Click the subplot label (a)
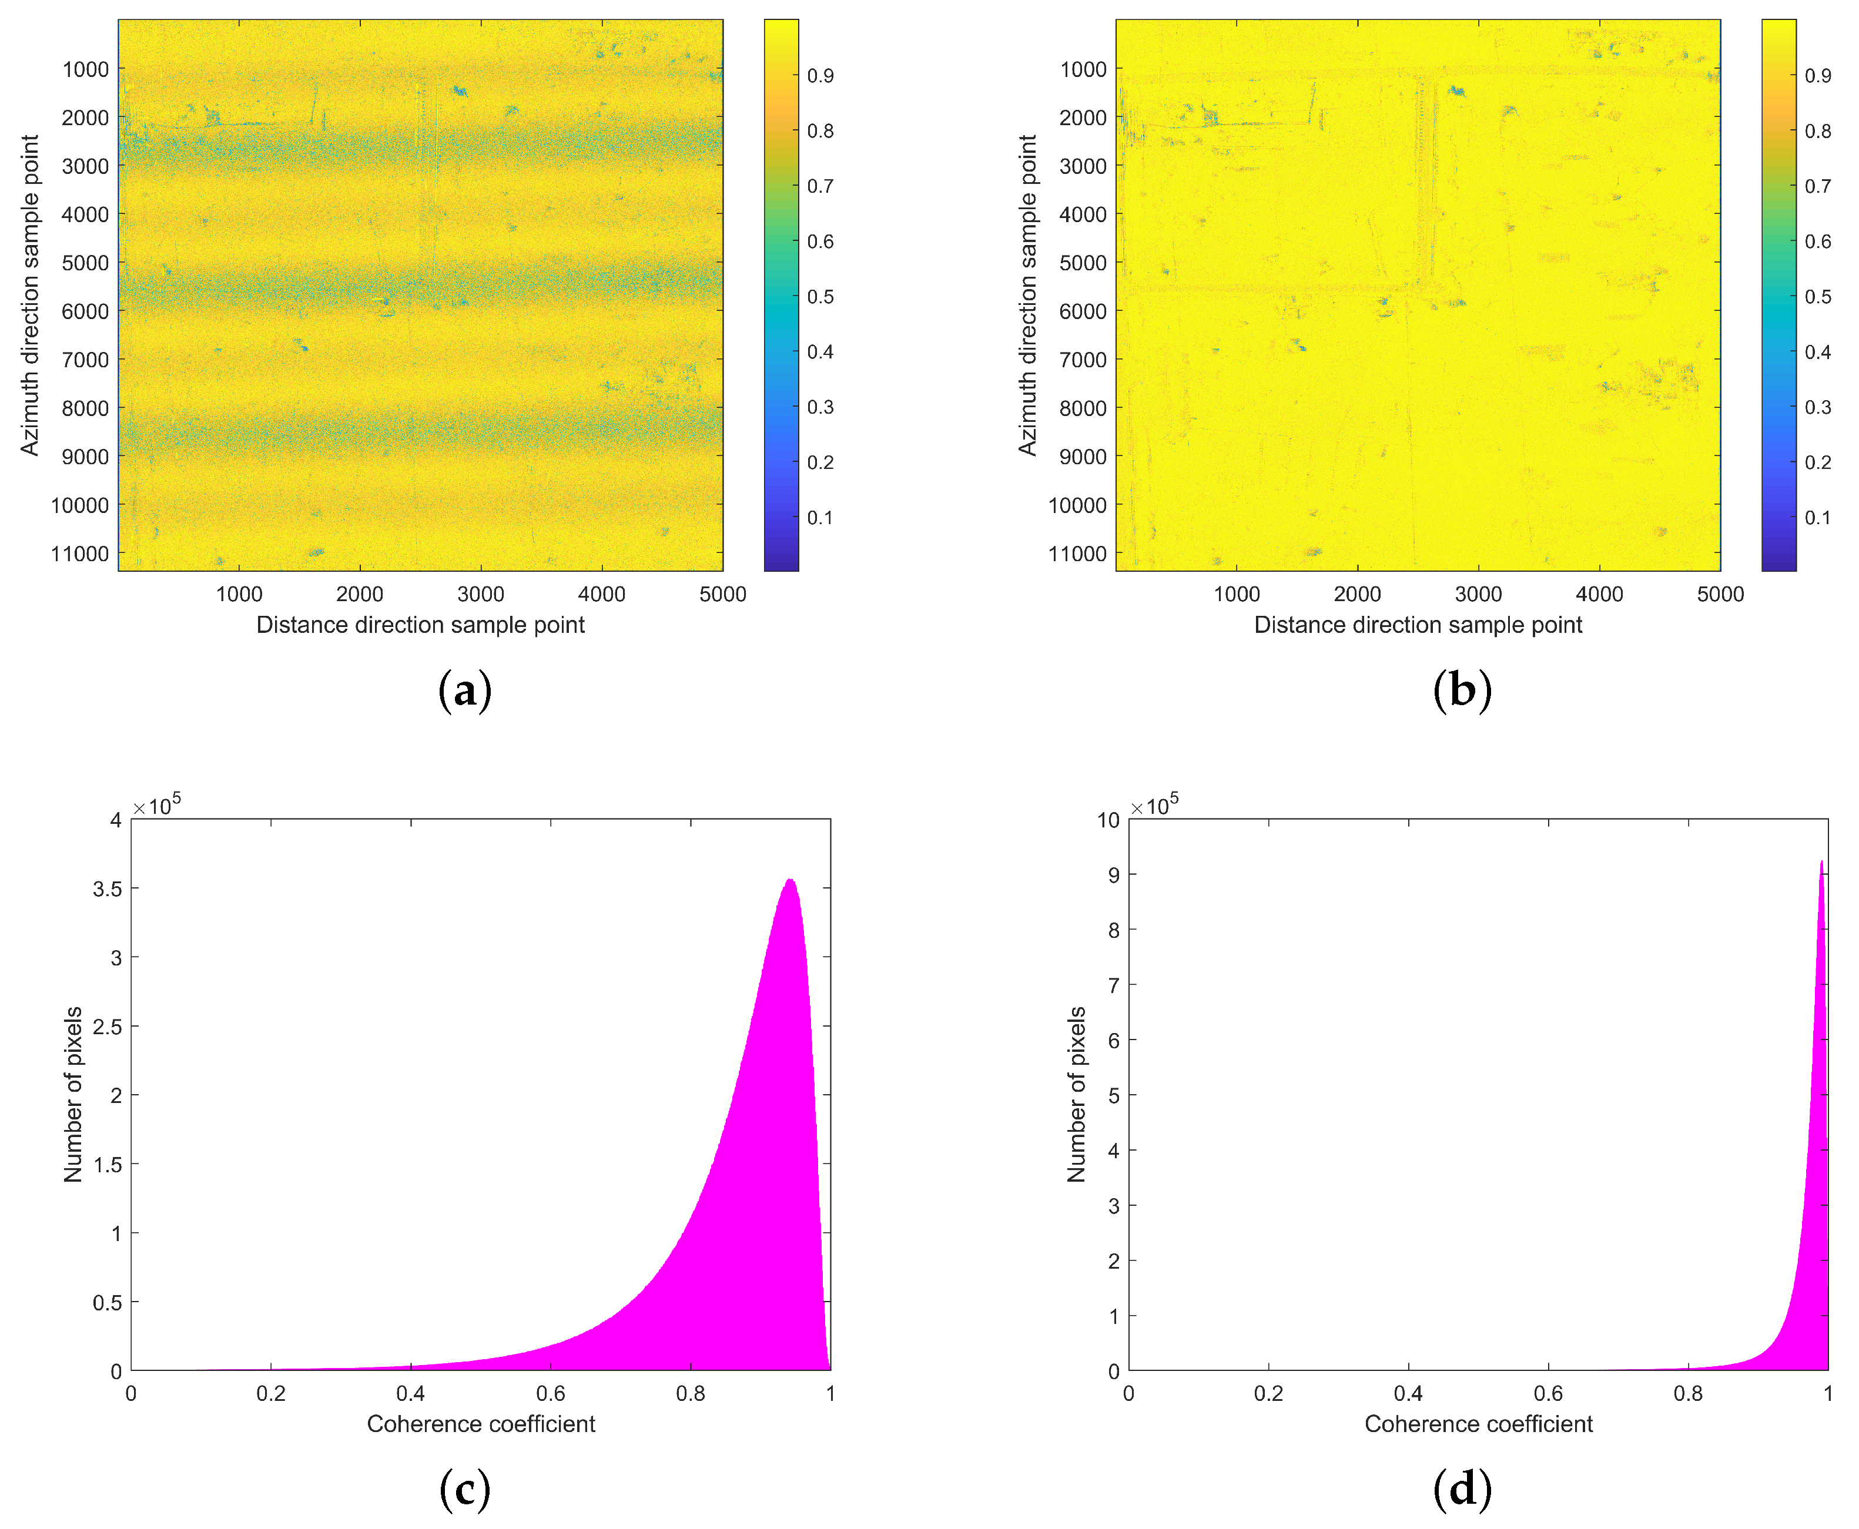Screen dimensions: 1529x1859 [x=464, y=690]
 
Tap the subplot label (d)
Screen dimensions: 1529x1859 [x=1462, y=1488]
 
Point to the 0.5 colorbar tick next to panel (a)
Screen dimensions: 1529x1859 [x=820, y=297]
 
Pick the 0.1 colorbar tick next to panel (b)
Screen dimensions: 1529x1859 [x=1818, y=518]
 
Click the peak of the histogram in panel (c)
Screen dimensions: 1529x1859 [x=791, y=880]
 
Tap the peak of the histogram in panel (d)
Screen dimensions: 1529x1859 [x=1821, y=861]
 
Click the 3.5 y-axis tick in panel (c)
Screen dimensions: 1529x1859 [x=108, y=888]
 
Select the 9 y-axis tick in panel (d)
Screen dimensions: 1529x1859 [x=1114, y=874]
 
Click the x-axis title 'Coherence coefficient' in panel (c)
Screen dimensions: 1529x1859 [x=480, y=1424]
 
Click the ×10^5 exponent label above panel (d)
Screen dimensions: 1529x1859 [x=1154, y=805]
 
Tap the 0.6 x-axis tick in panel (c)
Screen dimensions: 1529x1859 [x=551, y=1393]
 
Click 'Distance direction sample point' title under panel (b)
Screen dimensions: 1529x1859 [x=1418, y=625]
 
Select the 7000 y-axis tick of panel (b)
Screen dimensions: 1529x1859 [x=1082, y=360]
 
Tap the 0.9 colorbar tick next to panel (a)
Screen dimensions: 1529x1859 [x=820, y=76]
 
